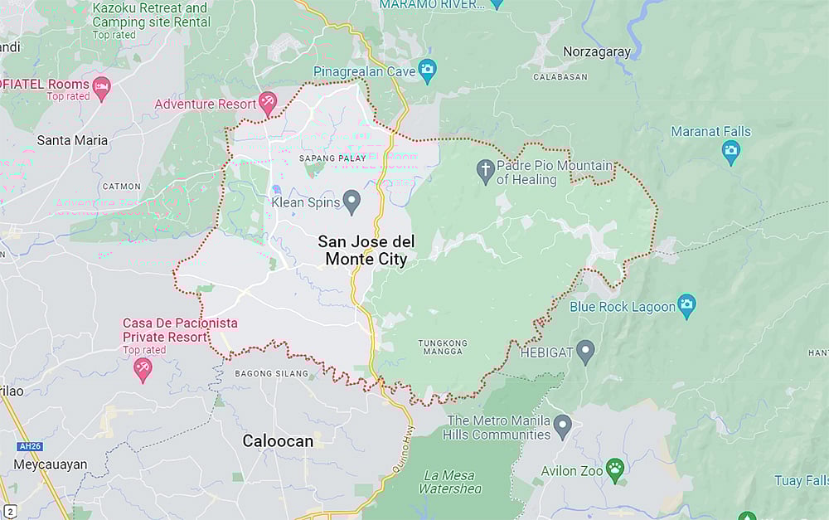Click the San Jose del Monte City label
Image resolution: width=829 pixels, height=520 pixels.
[x=366, y=250]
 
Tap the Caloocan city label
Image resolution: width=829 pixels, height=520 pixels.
[x=278, y=441]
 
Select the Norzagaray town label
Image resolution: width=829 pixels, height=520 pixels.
[x=597, y=51]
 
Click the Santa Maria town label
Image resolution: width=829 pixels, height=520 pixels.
[x=72, y=140]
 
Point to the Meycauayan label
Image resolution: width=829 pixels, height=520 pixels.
[x=50, y=464]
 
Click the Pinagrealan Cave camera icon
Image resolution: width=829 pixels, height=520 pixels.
[x=427, y=69]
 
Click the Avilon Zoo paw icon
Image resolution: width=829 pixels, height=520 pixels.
[x=614, y=469]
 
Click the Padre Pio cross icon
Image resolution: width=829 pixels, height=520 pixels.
[x=485, y=171]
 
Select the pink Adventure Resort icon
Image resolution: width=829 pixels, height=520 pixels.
[x=267, y=103]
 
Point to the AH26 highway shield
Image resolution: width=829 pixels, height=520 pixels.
[x=29, y=446]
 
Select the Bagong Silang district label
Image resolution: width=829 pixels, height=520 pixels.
[x=272, y=374]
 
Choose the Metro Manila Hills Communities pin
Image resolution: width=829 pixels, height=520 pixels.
[x=563, y=426]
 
